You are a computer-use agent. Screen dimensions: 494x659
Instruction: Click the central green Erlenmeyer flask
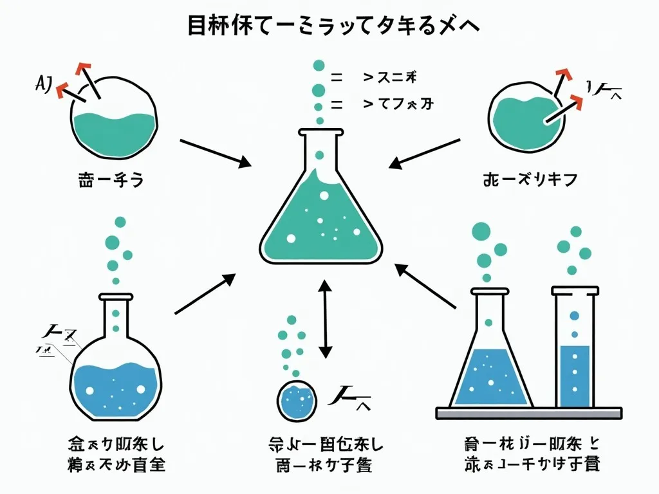(321, 212)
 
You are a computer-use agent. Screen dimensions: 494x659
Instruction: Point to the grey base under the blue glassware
(528, 413)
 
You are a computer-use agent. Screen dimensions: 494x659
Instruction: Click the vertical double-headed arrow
(325, 319)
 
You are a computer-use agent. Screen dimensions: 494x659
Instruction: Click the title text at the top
(329, 27)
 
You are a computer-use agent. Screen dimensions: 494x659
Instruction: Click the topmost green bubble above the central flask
(318, 65)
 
